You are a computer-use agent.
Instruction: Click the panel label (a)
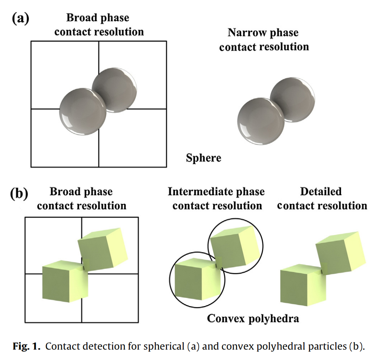pos(21,19)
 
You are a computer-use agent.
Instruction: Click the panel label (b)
pos(19,193)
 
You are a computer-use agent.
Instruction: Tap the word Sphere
pos(204,158)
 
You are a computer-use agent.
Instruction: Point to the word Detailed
pos(321,192)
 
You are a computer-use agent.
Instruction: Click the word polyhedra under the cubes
pos(273,319)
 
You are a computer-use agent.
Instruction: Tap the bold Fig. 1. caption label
pos(26,346)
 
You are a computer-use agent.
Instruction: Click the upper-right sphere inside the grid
pos(115,90)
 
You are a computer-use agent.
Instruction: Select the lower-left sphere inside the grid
pos(83,112)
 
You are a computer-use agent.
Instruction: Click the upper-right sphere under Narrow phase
pos(293,100)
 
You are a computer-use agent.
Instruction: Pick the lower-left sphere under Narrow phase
pos(261,121)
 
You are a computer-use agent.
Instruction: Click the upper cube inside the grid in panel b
pos(103,249)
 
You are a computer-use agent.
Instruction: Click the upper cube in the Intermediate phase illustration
pos(235,247)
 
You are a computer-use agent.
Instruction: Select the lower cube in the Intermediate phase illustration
pos(198,279)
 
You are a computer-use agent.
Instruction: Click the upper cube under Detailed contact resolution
pos(341,253)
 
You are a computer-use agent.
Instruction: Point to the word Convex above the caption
pos(226,319)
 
